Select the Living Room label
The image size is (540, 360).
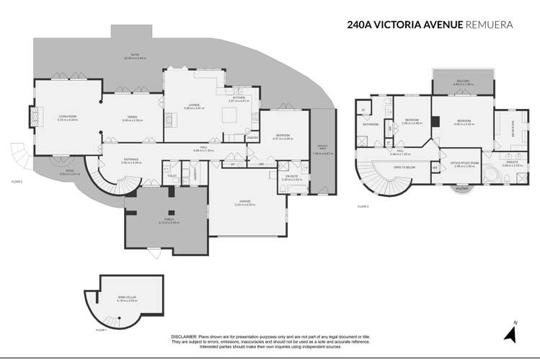58,118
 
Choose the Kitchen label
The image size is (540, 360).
239,98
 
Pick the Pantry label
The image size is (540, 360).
252,137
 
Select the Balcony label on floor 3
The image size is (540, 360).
462,82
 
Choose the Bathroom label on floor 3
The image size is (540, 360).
371,124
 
